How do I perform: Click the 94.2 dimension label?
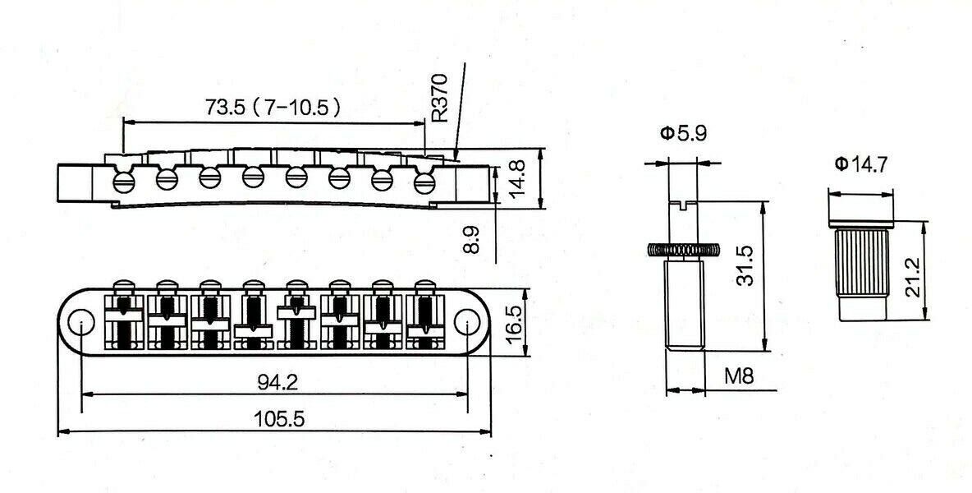coord(277,382)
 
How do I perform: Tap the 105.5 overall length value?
coord(280,419)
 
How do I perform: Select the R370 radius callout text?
coord(439,98)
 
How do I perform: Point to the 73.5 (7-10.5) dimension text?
coord(273,108)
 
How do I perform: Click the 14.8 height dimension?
coord(516,178)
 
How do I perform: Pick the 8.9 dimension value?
coord(472,239)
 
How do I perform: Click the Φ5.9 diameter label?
coord(683,133)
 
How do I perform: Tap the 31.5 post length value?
coord(745,265)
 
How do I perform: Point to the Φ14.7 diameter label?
coord(861,164)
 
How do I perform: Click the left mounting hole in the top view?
coord(80,322)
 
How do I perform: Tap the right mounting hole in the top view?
coord(467,322)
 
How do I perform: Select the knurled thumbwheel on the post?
coord(684,250)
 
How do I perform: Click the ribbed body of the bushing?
coord(862,263)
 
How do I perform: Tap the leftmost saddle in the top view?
coord(124,316)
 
